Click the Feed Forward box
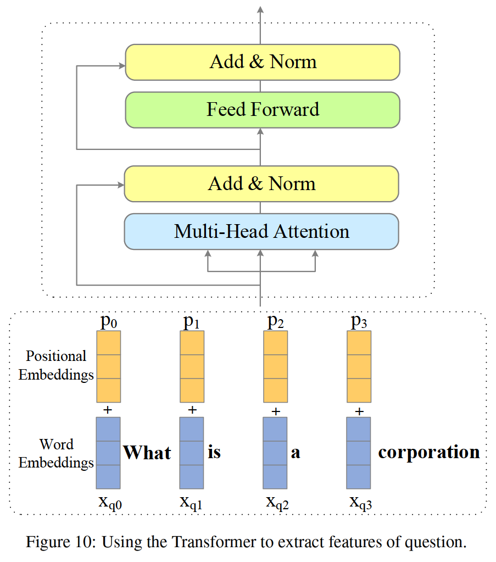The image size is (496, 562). (263, 109)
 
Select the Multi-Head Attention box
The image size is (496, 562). (261, 231)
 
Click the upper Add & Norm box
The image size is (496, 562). (263, 62)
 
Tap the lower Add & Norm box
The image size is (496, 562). (261, 183)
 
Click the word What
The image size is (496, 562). (147, 453)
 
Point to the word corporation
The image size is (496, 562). (429, 452)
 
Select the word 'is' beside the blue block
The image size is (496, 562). (214, 453)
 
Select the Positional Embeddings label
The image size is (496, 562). (56, 366)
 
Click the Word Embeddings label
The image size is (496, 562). (56, 453)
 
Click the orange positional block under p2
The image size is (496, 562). (276, 366)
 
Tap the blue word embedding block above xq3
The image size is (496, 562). (359, 453)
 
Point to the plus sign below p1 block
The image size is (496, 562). (192, 410)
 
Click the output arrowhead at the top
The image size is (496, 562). (260, 9)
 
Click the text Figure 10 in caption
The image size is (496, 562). (58, 543)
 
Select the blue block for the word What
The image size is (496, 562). (108, 453)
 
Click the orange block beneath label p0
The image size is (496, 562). (108, 366)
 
